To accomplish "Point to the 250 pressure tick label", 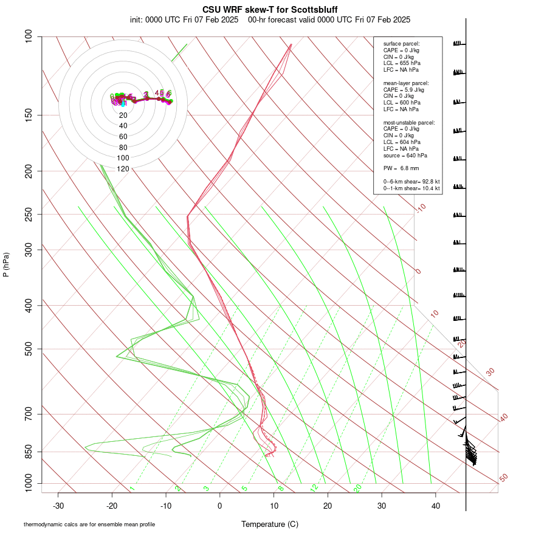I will point(28,214).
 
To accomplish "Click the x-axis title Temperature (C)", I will point(269,524).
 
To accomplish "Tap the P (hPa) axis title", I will point(7,265).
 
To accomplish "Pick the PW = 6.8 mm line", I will point(401,168).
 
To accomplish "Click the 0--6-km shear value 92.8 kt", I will point(429,182).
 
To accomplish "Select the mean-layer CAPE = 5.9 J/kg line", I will point(404,89).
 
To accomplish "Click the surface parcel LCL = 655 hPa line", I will point(401,63).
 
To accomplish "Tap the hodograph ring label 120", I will point(123,169).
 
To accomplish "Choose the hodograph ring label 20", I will point(123,115).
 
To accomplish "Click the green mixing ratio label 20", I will point(357,488).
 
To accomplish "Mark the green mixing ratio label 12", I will point(314,488).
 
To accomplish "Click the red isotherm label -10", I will point(421,208).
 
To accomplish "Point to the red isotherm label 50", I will point(503,478).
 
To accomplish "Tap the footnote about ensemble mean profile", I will point(89,524).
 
